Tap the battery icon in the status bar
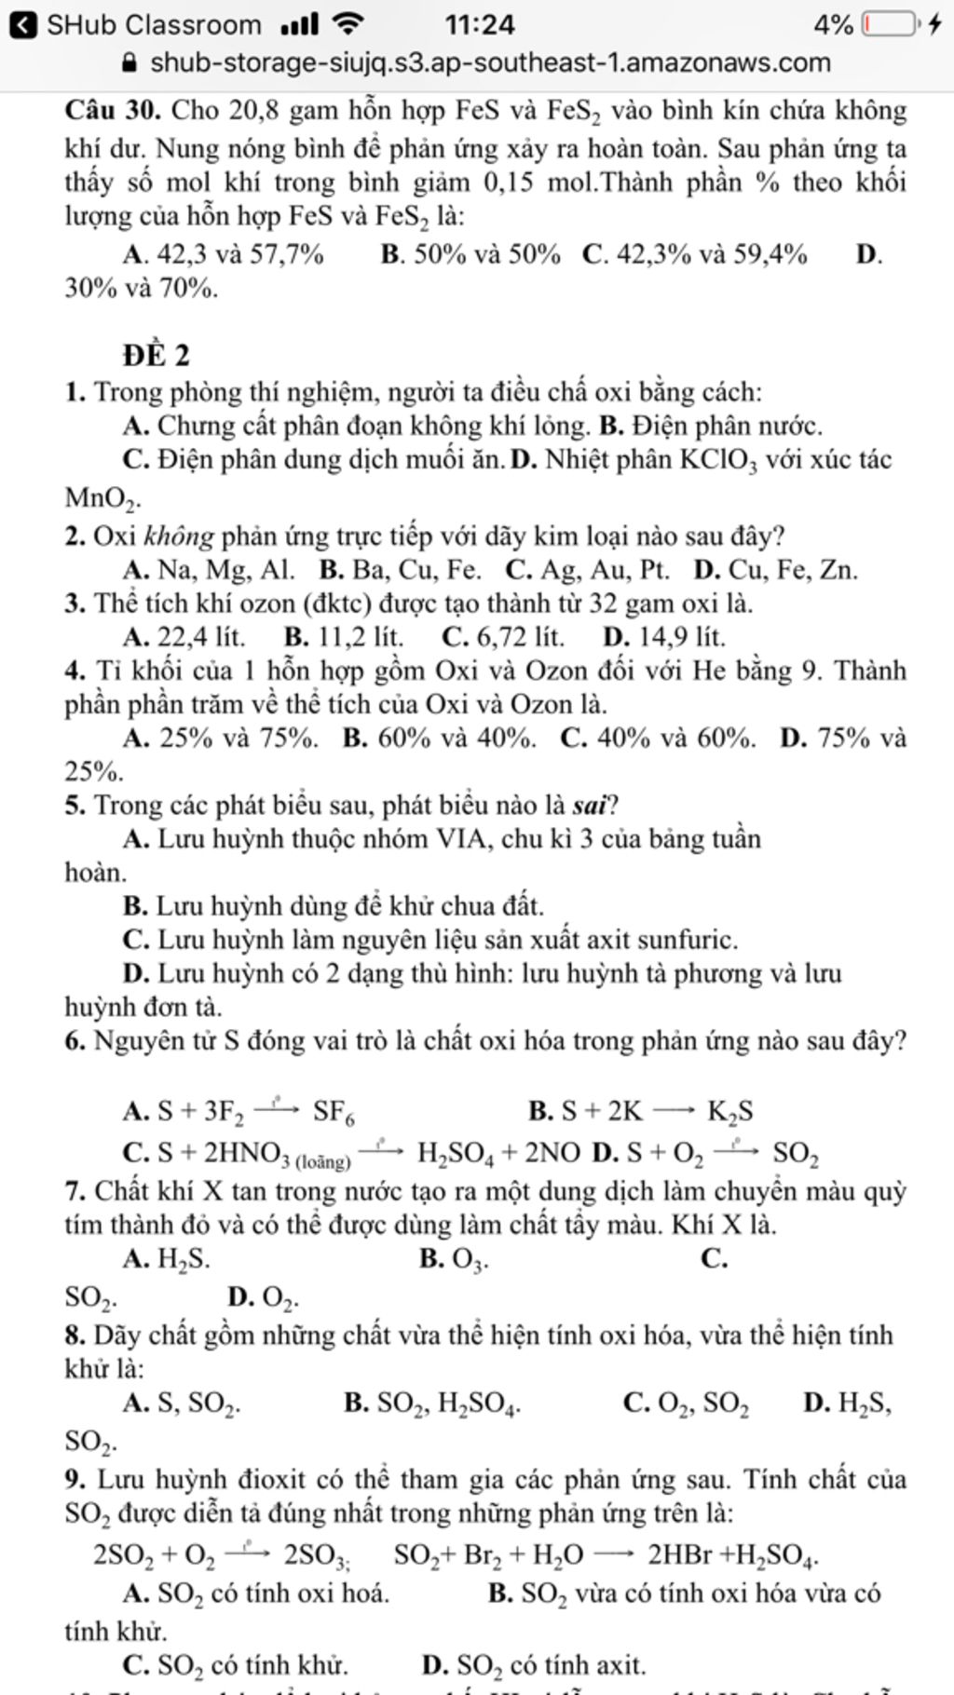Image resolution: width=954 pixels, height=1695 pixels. (x=889, y=23)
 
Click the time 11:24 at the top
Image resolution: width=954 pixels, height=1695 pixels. (x=479, y=24)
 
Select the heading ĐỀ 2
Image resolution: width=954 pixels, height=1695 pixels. (x=156, y=355)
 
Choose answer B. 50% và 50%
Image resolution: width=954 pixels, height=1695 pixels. (x=470, y=254)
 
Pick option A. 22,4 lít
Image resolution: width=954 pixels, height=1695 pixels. (x=184, y=637)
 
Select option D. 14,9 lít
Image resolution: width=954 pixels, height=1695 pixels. (x=663, y=637)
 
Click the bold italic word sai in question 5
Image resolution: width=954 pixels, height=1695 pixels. (x=588, y=805)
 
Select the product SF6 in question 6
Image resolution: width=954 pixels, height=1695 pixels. (x=333, y=1112)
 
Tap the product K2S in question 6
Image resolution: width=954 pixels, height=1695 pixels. (x=729, y=1112)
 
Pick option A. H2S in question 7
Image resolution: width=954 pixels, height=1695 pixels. (x=167, y=1260)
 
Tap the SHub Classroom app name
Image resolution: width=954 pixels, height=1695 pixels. (x=154, y=24)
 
